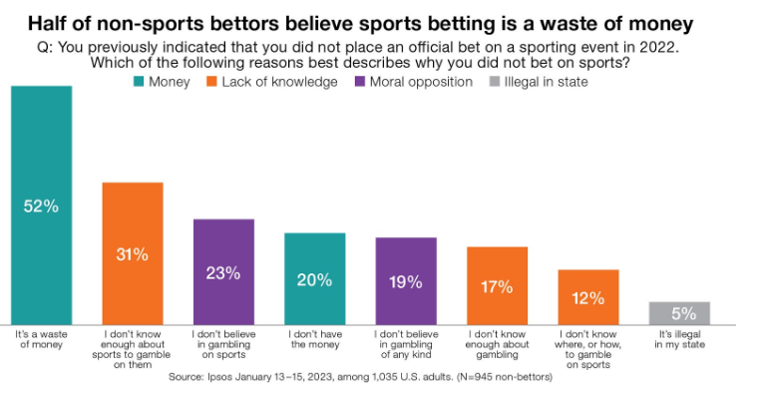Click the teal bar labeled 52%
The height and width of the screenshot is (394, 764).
tap(42, 205)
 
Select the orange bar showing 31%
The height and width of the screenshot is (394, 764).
tap(133, 253)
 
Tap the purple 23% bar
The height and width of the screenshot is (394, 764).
tap(223, 271)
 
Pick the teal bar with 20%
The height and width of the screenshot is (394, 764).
tap(315, 279)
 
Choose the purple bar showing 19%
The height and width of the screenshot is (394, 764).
tap(406, 281)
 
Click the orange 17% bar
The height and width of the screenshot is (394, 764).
tap(497, 286)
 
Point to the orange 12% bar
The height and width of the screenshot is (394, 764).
tap(588, 297)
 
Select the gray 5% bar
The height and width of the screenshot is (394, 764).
tap(679, 313)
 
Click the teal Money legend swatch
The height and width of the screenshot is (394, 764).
tap(139, 82)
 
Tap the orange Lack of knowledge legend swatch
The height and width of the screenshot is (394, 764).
tap(211, 82)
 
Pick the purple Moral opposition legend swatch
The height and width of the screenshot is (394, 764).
tap(360, 82)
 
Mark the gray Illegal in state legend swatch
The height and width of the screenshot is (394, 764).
tap(494, 82)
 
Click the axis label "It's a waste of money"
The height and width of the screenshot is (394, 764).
tap(42, 339)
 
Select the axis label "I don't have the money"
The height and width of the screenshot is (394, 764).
tap(315, 339)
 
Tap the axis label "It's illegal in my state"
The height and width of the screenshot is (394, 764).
tap(679, 339)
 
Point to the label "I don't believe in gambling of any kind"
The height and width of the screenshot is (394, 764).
tap(406, 344)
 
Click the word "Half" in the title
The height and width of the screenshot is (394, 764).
tap(48, 23)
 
